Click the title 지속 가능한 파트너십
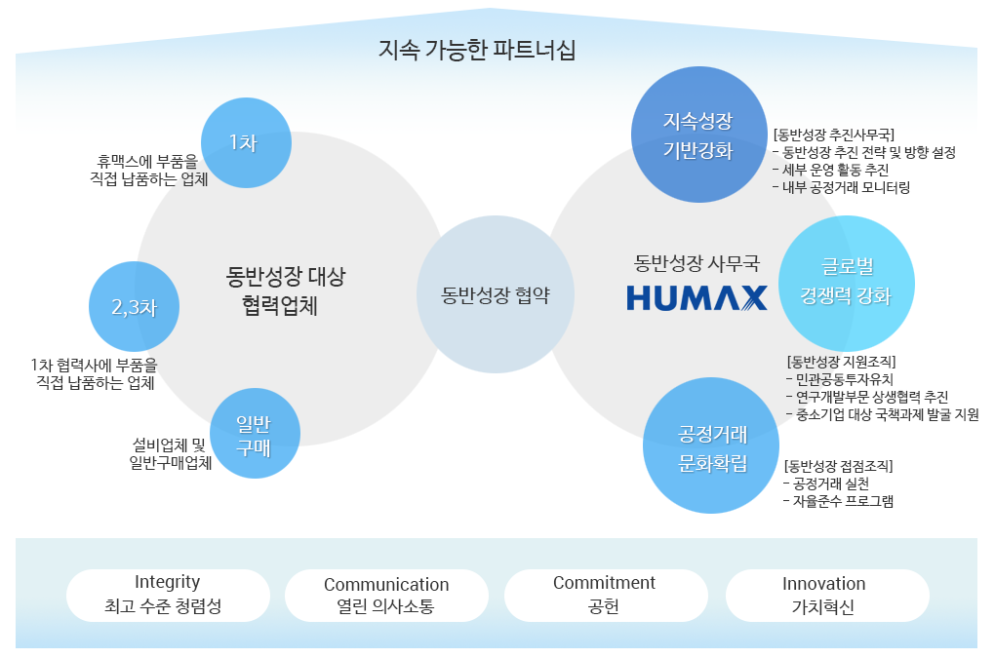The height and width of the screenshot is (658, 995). (477, 50)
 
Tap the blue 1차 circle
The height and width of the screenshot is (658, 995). (246, 142)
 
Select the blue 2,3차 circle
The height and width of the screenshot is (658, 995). (134, 307)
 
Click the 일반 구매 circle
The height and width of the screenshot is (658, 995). (255, 434)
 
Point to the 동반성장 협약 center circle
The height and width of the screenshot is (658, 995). (495, 294)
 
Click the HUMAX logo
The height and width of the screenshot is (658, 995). (696, 298)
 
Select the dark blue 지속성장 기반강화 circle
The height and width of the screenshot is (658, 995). (698, 135)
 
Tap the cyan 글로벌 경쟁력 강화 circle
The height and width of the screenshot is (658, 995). (847, 284)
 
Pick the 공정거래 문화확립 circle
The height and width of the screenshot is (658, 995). (711, 445)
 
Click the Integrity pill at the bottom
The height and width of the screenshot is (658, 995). (168, 596)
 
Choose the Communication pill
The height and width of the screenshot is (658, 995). (386, 596)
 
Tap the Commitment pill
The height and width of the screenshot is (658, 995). (606, 596)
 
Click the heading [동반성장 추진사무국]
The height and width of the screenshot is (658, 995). (834, 135)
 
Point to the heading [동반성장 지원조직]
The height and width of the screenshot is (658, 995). (842, 362)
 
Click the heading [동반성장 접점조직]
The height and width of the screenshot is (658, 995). (839, 466)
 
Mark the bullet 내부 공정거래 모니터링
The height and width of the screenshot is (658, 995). (842, 187)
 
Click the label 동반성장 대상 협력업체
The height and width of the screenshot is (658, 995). (285, 290)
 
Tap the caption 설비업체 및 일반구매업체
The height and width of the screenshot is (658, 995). (170, 454)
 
